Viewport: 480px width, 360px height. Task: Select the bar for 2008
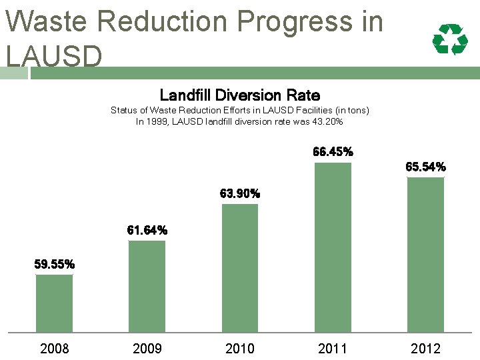(54, 303)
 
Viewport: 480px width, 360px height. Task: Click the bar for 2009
(147, 287)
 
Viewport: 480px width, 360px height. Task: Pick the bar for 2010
(240, 268)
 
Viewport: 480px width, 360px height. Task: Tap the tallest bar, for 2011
(333, 247)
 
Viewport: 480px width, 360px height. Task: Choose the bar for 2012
(425, 255)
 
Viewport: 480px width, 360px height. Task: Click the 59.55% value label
(55, 264)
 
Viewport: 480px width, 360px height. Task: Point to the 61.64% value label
(147, 230)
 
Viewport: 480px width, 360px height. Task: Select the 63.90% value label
(240, 193)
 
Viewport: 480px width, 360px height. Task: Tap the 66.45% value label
(333, 151)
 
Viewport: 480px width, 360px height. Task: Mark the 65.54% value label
(426, 167)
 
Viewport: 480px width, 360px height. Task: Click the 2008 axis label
(55, 349)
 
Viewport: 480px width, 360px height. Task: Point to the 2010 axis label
(240, 349)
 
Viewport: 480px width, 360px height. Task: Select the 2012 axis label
(425, 349)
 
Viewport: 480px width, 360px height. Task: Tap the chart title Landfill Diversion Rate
(240, 95)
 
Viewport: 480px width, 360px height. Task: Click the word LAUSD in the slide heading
(54, 56)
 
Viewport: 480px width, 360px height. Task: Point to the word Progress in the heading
(295, 23)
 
